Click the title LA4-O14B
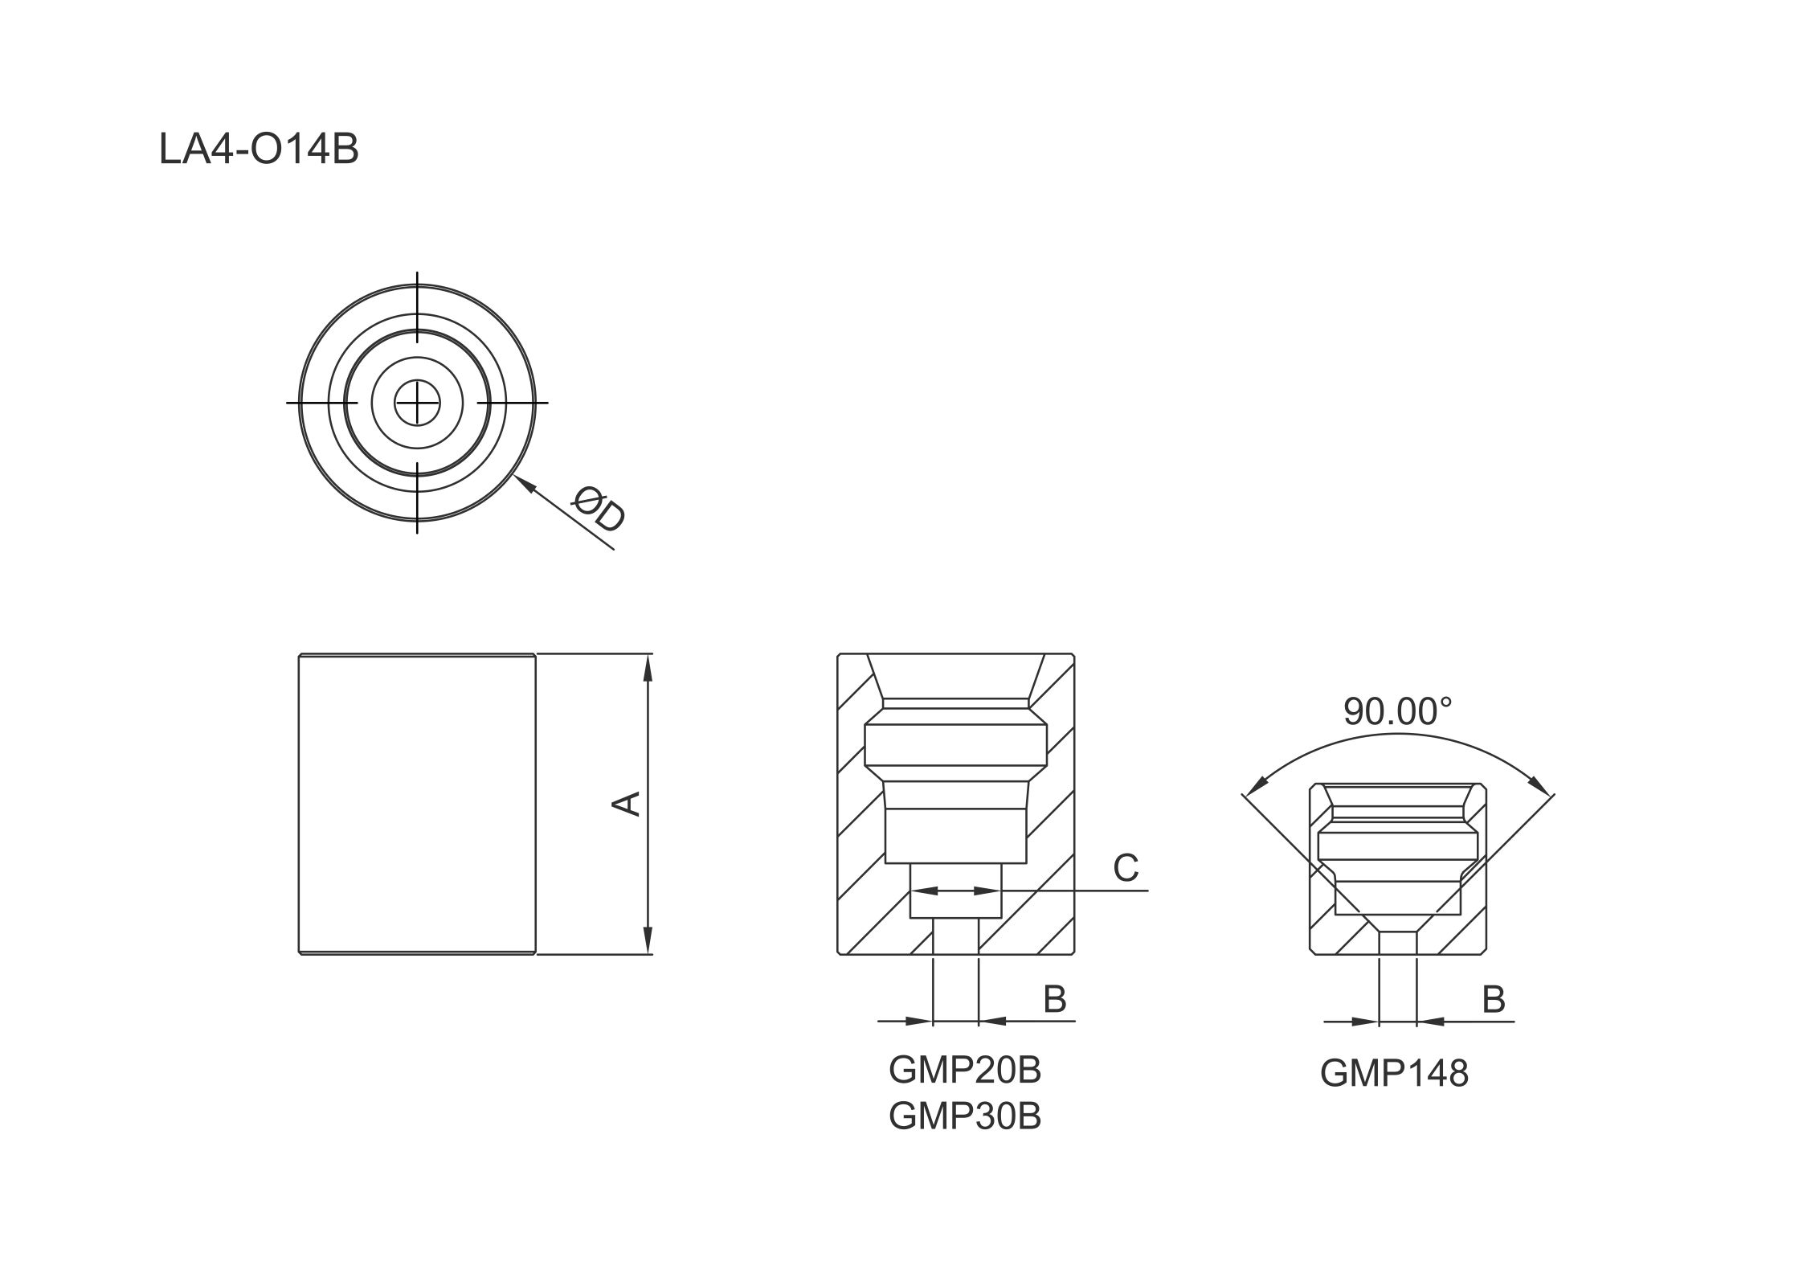point(259,149)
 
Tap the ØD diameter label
point(599,510)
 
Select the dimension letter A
point(627,804)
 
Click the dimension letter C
point(1126,868)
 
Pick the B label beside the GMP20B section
point(1054,999)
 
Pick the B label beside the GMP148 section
point(1493,999)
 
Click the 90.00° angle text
point(1398,711)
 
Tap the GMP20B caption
point(965,1069)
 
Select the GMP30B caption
point(965,1116)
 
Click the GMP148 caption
point(1394,1073)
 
